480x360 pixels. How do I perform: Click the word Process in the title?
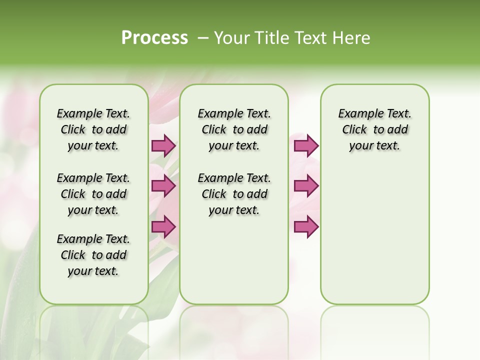154,37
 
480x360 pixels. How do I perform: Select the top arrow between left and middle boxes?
163,145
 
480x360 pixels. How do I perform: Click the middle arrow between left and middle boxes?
163,186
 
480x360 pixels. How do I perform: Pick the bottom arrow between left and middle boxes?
163,226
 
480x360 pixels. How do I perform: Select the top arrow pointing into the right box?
306,145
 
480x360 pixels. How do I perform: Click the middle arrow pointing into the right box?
306,186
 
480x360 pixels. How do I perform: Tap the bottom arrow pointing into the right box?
306,226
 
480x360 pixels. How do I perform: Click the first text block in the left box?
93,129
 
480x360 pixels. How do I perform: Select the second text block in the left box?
93,194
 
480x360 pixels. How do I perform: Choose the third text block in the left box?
93,255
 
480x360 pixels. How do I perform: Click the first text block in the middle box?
234,129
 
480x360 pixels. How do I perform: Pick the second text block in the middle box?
234,194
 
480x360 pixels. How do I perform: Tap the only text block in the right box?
374,129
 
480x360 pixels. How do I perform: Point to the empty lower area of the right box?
374,235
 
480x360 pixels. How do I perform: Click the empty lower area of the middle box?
234,260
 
